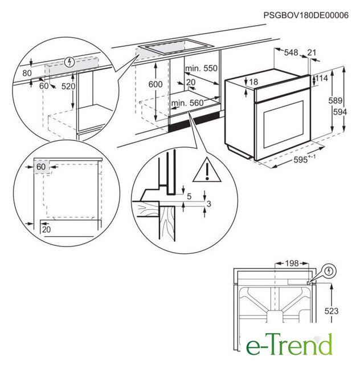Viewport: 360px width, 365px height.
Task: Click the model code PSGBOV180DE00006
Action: coord(306,15)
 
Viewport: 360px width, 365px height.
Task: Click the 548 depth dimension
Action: coord(291,52)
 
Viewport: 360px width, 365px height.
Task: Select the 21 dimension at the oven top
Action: coord(312,52)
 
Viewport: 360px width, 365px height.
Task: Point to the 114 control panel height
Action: coord(322,78)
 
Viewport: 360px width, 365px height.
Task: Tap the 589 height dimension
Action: coord(336,100)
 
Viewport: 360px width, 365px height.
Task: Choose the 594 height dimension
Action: coord(340,112)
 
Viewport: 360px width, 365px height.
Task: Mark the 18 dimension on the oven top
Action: coord(253,82)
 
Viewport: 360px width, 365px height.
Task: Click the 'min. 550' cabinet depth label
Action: coord(202,68)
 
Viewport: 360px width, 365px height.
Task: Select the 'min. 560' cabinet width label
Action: coord(187,103)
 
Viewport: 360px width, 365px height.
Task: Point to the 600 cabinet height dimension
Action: coord(156,84)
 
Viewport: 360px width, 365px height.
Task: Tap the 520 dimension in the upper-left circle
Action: coord(68,86)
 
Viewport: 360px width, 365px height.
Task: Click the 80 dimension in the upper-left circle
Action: coord(27,73)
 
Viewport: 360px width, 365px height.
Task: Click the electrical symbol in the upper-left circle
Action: coord(69,62)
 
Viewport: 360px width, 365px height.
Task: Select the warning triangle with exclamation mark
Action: coord(207,170)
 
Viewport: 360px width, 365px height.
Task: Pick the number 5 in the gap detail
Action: coord(189,196)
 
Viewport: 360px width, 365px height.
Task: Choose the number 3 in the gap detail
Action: coord(209,204)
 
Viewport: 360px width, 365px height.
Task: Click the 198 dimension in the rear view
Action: coord(292,263)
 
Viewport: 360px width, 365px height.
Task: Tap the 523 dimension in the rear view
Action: coord(331,311)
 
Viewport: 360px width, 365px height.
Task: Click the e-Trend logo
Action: coord(289,344)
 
